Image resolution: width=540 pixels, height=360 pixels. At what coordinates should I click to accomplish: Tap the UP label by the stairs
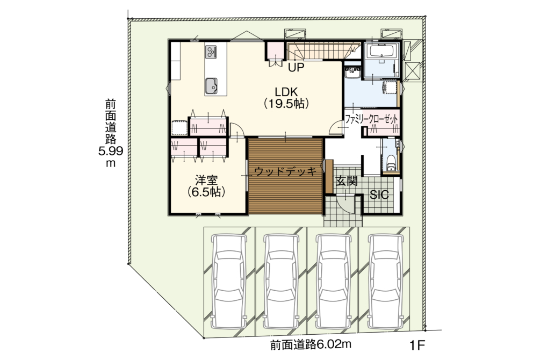tap(296, 68)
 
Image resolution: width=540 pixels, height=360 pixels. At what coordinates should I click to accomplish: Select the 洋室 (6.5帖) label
tap(207, 186)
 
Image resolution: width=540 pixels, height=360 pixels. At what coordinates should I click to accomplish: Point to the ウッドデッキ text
tap(285, 171)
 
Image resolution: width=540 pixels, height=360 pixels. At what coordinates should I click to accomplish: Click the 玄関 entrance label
tap(347, 181)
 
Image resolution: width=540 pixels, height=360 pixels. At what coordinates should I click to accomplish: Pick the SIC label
tap(379, 195)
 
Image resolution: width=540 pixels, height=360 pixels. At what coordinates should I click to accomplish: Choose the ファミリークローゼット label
tap(371, 119)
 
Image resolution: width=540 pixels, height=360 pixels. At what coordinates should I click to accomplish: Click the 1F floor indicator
tap(417, 345)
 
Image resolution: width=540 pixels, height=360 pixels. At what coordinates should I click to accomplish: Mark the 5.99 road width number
tap(111, 151)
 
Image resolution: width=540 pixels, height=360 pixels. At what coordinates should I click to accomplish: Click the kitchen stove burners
tap(211, 52)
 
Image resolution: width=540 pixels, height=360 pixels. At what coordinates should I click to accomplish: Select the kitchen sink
tap(211, 85)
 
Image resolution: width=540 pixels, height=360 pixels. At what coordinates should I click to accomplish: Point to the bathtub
tap(381, 52)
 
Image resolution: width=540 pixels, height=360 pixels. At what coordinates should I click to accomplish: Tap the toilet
tap(391, 163)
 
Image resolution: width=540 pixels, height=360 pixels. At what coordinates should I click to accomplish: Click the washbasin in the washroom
tap(352, 73)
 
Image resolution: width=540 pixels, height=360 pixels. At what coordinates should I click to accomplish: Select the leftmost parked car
tap(229, 282)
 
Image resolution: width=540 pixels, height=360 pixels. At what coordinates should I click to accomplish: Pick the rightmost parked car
tap(385, 282)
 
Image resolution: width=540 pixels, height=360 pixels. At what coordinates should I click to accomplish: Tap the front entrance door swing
tap(345, 203)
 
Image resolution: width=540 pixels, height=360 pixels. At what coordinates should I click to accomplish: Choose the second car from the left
tap(281, 282)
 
